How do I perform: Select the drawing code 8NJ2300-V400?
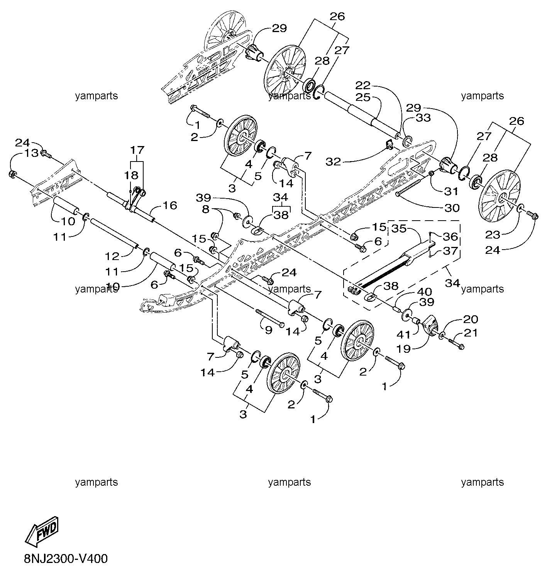(66, 559)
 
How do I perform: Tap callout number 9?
(268, 330)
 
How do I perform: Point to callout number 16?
(169, 205)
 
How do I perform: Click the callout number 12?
(112, 256)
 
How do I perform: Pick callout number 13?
(32, 153)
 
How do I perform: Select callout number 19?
(403, 349)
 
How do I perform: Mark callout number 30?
(452, 208)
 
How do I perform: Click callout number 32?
(334, 162)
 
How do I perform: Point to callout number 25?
(363, 97)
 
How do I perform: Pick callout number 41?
(403, 335)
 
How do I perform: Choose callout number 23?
(492, 235)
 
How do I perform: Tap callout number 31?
(451, 191)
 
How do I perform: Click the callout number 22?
(363, 85)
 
